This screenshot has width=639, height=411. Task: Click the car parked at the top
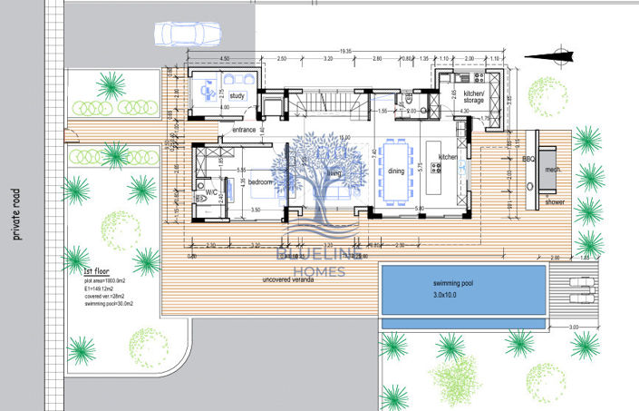click(x=188, y=33)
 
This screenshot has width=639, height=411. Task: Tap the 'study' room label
click(x=238, y=95)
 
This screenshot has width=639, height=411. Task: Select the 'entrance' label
click(x=244, y=130)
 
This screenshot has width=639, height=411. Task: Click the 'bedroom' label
click(x=261, y=182)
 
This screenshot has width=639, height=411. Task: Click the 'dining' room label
click(x=397, y=171)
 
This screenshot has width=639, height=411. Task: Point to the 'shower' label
click(x=554, y=203)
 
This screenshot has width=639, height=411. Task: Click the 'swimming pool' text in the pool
click(x=461, y=284)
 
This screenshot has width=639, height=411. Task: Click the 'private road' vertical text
click(x=15, y=214)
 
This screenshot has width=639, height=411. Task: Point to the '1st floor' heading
click(x=96, y=271)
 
